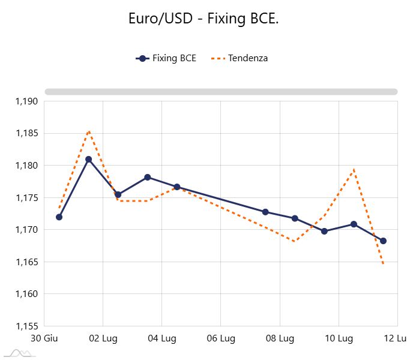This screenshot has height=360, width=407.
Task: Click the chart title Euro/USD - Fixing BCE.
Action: tap(203, 19)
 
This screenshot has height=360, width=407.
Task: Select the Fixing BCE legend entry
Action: tap(166, 58)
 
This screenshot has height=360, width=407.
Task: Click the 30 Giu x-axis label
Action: tap(44, 338)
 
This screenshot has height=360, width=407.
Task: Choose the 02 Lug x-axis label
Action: tap(103, 338)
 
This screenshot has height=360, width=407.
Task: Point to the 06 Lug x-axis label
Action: tap(220, 338)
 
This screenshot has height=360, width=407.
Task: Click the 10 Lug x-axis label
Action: tap(339, 338)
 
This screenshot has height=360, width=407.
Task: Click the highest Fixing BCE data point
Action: tap(88, 159)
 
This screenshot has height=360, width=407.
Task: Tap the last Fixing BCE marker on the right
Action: tap(383, 241)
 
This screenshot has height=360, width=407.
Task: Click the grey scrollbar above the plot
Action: tap(221, 92)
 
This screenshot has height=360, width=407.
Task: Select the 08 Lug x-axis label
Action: tap(280, 338)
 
